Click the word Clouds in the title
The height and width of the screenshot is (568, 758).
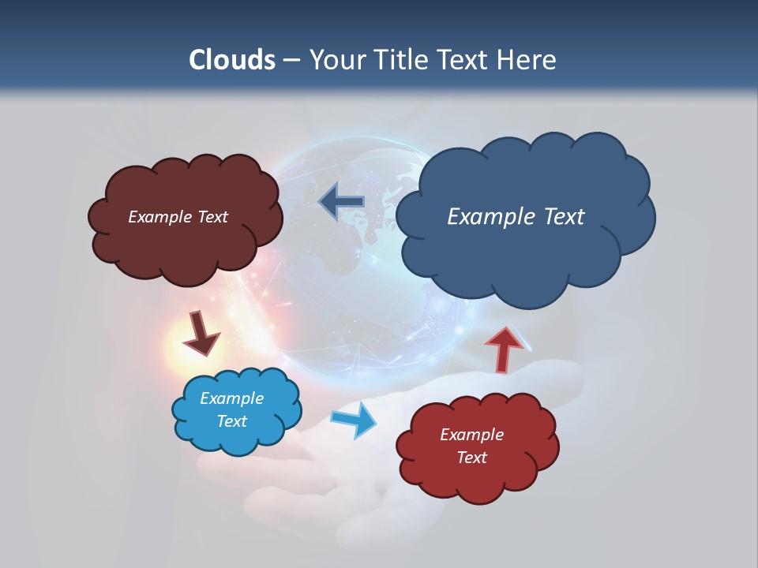pos(231,60)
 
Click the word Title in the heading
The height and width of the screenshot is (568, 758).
pos(399,60)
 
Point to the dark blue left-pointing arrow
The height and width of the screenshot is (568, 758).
pos(341,201)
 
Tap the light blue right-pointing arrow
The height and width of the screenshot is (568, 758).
pos(354,420)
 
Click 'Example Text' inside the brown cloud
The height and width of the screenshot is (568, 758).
pos(178,217)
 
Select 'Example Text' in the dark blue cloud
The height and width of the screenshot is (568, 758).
pos(516,217)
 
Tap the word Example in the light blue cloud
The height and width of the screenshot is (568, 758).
pos(231,398)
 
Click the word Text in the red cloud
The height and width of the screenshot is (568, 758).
pos(471,458)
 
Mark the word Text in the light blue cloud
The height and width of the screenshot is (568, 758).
pos(231,421)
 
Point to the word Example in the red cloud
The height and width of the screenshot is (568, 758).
pos(471,435)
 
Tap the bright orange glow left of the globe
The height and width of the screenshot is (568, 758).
pos(183,347)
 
